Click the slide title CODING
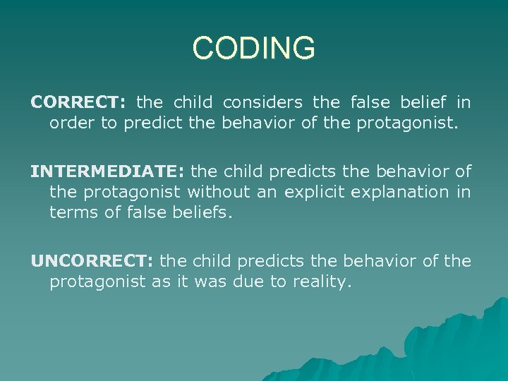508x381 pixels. [254, 49]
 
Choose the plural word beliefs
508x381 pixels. [199, 212]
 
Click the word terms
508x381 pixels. [73, 212]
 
